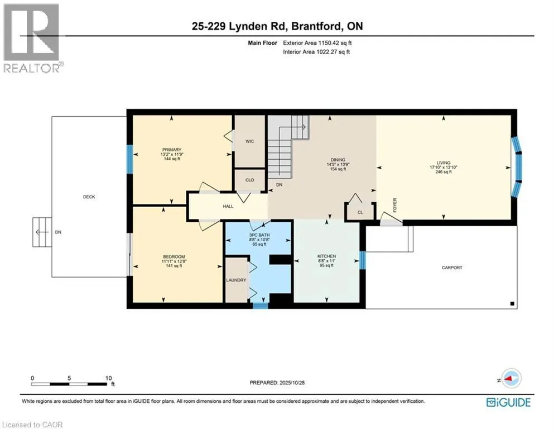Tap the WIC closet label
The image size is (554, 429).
[x=249, y=141]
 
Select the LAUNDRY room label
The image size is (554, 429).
[x=236, y=280]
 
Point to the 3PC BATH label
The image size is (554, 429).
[x=258, y=235]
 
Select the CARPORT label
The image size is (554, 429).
[x=451, y=268]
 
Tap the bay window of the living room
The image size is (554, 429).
[x=518, y=168]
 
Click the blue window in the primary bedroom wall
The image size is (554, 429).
[x=129, y=159]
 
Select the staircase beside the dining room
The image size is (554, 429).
[x=287, y=151]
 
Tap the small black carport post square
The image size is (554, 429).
[x=512, y=303]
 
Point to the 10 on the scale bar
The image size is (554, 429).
[x=109, y=378]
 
